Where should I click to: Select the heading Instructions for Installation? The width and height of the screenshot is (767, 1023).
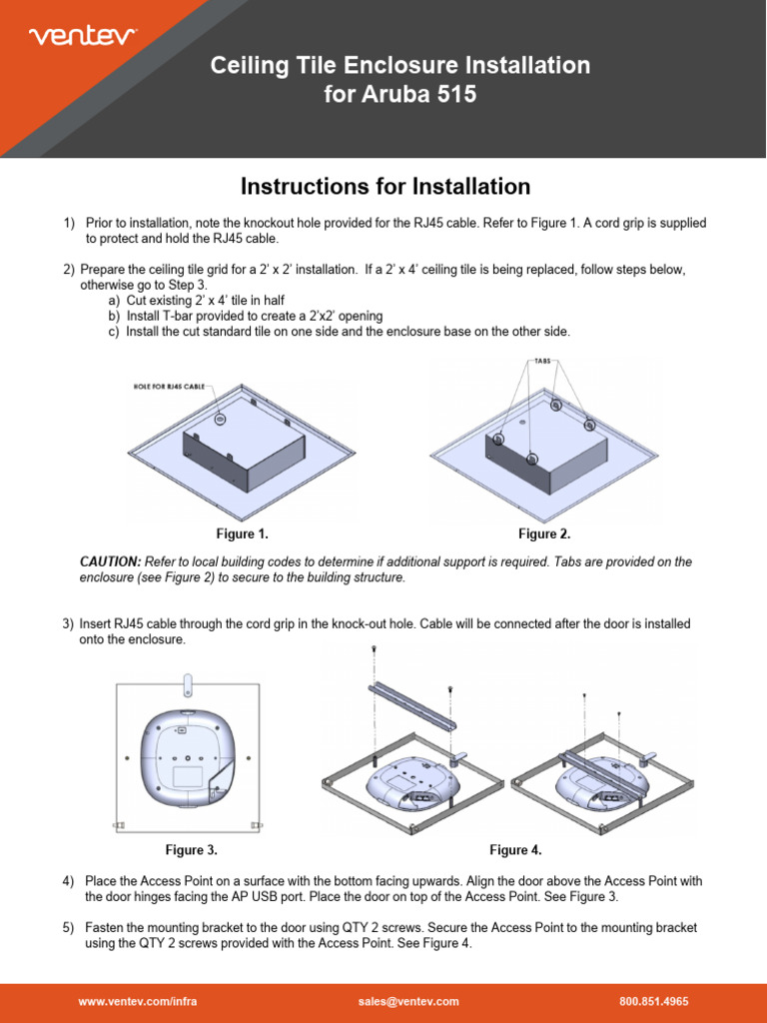[x=384, y=186]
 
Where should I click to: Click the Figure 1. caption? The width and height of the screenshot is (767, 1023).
[x=242, y=534]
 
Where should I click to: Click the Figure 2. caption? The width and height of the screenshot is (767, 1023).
[x=544, y=534]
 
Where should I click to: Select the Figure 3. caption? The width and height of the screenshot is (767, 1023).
[x=191, y=850]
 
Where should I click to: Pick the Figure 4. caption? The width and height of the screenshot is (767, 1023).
[x=515, y=850]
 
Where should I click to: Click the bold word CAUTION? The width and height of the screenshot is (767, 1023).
[x=110, y=562]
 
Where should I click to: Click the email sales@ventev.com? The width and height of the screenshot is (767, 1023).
[x=407, y=1001]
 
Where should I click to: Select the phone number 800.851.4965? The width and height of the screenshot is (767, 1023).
[x=654, y=1001]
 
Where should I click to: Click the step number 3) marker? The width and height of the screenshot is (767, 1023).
[x=68, y=623]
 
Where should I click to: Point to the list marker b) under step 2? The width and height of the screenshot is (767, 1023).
[x=114, y=316]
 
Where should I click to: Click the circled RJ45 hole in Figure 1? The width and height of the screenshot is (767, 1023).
[x=220, y=420]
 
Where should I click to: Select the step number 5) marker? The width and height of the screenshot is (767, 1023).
[x=68, y=928]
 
